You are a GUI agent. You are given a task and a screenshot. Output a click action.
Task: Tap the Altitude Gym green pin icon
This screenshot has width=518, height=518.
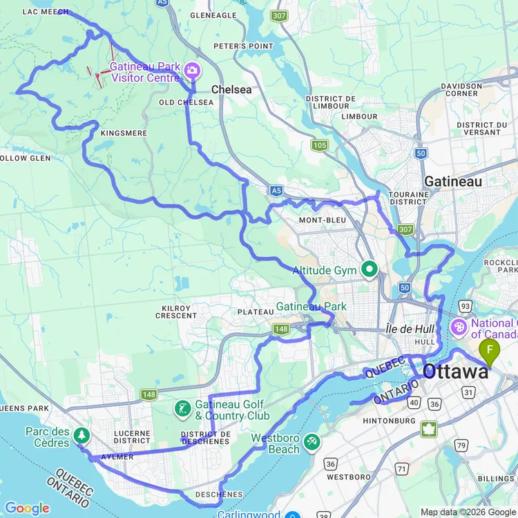click(370, 269)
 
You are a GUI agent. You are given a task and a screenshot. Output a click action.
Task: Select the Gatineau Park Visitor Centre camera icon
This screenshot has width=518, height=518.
click(191, 70)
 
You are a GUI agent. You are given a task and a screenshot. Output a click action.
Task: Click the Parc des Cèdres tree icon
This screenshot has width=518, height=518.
click(82, 435)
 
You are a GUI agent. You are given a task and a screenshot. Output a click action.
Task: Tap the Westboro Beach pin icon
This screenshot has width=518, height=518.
click(312, 440)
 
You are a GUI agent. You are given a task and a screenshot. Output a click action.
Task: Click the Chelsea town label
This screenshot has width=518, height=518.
click(231, 89)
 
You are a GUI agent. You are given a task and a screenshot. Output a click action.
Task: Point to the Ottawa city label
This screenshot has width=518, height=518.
click(455, 371)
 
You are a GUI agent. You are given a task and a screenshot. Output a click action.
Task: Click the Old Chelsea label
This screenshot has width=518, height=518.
click(181, 103)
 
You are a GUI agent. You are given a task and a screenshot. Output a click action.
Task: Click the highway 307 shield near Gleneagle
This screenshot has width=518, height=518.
click(278, 16)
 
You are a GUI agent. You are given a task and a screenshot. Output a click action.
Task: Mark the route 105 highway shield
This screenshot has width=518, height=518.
click(319, 145)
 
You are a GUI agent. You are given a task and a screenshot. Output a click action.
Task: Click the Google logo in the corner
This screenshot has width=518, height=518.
click(27, 508)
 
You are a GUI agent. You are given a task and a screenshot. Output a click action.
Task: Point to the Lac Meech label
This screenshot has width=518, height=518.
click(46, 12)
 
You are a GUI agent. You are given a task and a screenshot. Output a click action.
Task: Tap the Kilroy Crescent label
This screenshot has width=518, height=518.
click(176, 311)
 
